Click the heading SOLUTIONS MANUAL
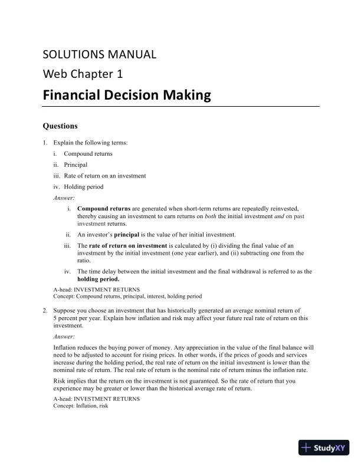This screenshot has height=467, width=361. pos(100,55)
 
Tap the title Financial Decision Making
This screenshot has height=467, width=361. pos(126,94)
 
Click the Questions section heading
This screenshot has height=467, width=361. pos(60,126)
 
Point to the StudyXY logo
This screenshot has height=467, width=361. pos(324,448)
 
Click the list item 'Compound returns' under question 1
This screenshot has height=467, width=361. pos(88,154)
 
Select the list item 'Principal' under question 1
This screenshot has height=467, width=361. pos(76,165)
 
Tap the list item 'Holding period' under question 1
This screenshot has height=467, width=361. pos(83,187)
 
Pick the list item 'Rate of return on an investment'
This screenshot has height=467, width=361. pos(105,176)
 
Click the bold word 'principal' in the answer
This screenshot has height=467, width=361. pos(134,234)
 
